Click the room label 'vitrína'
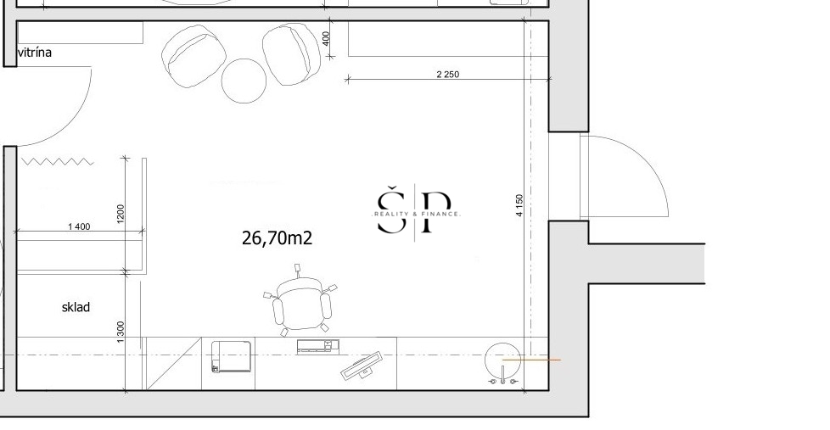35,53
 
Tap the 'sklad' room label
76,307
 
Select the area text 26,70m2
277,237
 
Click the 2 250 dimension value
448,74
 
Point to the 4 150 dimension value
519,205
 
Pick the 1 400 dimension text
79,226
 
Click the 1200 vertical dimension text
121,214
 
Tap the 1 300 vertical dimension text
121,332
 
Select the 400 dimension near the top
326,38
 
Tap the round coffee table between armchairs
244,81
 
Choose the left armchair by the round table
193,56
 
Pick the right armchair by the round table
292,53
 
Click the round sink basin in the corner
502,360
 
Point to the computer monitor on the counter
362,366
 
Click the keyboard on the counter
317,346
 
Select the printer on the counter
232,356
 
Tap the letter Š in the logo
390,209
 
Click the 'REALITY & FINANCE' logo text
416,215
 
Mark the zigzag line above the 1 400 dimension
58,161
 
